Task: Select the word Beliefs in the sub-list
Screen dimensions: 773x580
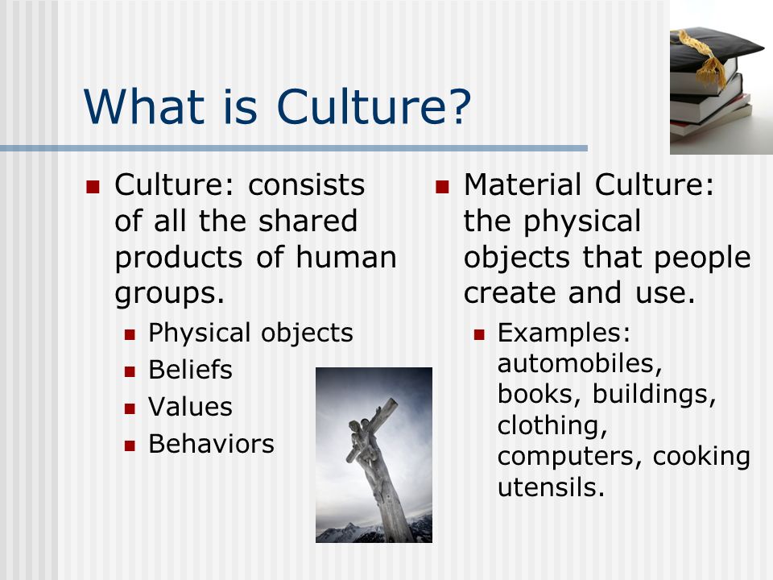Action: (190, 370)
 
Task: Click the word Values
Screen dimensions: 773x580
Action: (190, 406)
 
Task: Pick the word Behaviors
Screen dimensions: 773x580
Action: (212, 443)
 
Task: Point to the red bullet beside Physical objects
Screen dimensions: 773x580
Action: (130, 335)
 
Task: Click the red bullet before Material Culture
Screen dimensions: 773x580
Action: (442, 187)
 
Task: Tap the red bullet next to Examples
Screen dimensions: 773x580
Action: (479, 335)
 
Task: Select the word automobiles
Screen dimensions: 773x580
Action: (580, 363)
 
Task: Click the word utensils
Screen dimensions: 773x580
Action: (551, 487)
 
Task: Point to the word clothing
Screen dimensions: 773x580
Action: (552, 425)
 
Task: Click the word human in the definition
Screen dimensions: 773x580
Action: (346, 257)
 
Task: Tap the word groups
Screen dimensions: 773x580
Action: (170, 295)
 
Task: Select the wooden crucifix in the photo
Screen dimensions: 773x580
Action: (377, 469)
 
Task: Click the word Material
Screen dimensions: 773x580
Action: (523, 184)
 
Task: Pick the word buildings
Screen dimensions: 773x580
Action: (654, 395)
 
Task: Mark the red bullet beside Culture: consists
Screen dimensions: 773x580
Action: (93, 187)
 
